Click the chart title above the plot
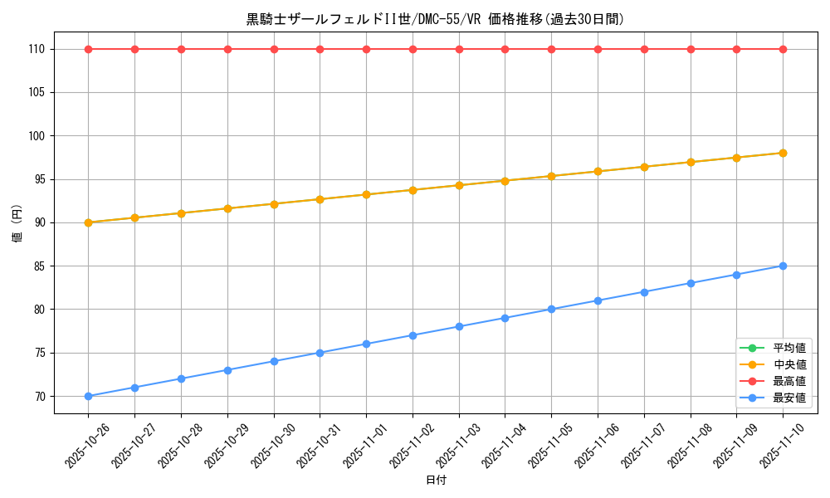click(435, 19)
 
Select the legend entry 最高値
click(788, 381)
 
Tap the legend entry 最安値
click(788, 398)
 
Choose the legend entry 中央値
click(788, 364)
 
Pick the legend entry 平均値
click(788, 348)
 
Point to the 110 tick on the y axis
click(35, 50)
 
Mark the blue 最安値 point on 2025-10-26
click(88, 396)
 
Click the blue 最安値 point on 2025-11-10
click(783, 266)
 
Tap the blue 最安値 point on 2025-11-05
click(551, 310)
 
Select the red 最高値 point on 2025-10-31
click(320, 49)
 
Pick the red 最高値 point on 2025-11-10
click(783, 49)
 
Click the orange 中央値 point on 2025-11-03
click(459, 185)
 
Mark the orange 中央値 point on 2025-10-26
click(88, 222)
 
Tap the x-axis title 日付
click(435, 481)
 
